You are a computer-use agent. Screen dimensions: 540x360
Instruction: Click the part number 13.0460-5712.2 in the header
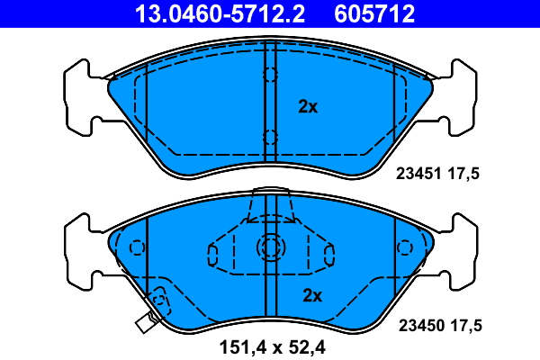(x=220, y=13)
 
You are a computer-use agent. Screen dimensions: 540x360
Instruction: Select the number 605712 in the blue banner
(x=374, y=13)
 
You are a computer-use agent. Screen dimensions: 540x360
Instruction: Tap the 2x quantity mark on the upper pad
(x=308, y=107)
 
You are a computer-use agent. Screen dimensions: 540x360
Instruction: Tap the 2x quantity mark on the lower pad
(x=312, y=295)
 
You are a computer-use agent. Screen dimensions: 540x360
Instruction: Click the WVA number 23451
(x=418, y=174)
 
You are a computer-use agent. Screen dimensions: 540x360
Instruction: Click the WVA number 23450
(x=421, y=326)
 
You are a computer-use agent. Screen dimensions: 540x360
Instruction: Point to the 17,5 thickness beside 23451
(x=463, y=174)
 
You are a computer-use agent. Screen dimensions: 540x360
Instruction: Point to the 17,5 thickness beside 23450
(x=466, y=326)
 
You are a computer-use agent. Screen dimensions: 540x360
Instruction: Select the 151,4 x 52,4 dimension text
(x=272, y=347)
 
